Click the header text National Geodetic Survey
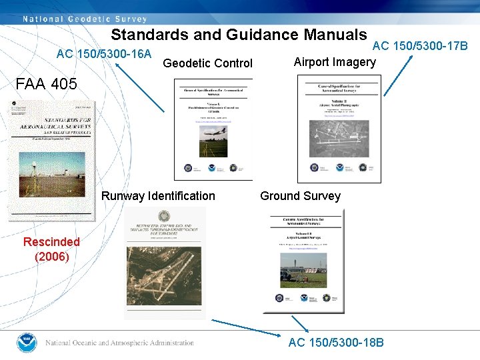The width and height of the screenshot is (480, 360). [x=84, y=18]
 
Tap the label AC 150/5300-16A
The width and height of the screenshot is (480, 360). [x=104, y=53]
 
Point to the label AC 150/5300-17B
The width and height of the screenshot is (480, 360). [x=420, y=45]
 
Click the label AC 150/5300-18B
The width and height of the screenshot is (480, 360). [x=336, y=343]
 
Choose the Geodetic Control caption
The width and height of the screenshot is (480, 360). [x=207, y=63]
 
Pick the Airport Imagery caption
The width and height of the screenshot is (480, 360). [x=335, y=62]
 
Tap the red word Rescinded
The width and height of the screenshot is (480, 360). [x=51, y=242]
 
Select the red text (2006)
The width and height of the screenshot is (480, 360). [x=51, y=256]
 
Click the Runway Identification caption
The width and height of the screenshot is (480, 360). [x=158, y=196]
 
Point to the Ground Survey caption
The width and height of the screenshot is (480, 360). [x=300, y=196]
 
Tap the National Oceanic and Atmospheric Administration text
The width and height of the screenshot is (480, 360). [x=119, y=343]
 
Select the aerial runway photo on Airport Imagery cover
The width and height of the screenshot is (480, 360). [x=339, y=137]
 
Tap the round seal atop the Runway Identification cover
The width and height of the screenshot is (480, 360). [x=163, y=215]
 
